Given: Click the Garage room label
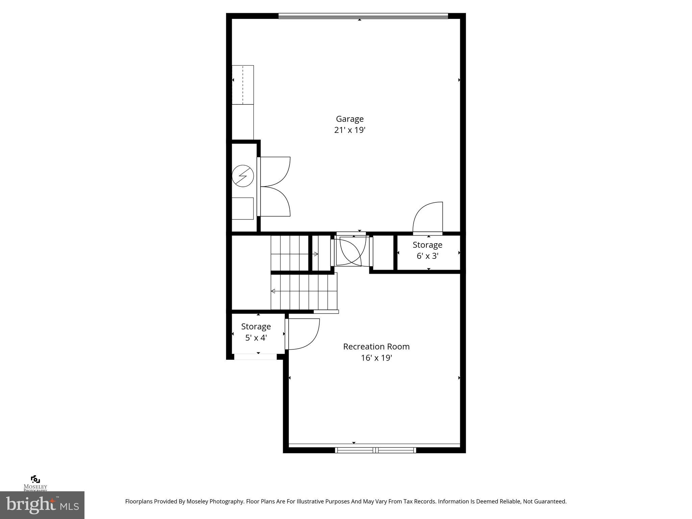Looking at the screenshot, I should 350,119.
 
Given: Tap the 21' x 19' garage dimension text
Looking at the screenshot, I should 350,130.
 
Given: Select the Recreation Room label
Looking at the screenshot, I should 376,347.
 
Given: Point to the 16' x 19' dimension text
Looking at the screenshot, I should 376,358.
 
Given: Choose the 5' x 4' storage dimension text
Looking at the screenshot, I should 256,338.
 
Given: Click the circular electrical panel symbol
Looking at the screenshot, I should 243,176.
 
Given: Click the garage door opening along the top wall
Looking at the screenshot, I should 363,16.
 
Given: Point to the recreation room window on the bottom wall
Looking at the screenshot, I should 375,450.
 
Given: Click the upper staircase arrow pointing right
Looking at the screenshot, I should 316,254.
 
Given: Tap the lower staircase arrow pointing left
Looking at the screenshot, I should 273,291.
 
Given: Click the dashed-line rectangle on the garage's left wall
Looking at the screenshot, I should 243,85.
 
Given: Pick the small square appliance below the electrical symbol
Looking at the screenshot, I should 242,208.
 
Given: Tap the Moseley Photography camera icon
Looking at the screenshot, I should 35,479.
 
